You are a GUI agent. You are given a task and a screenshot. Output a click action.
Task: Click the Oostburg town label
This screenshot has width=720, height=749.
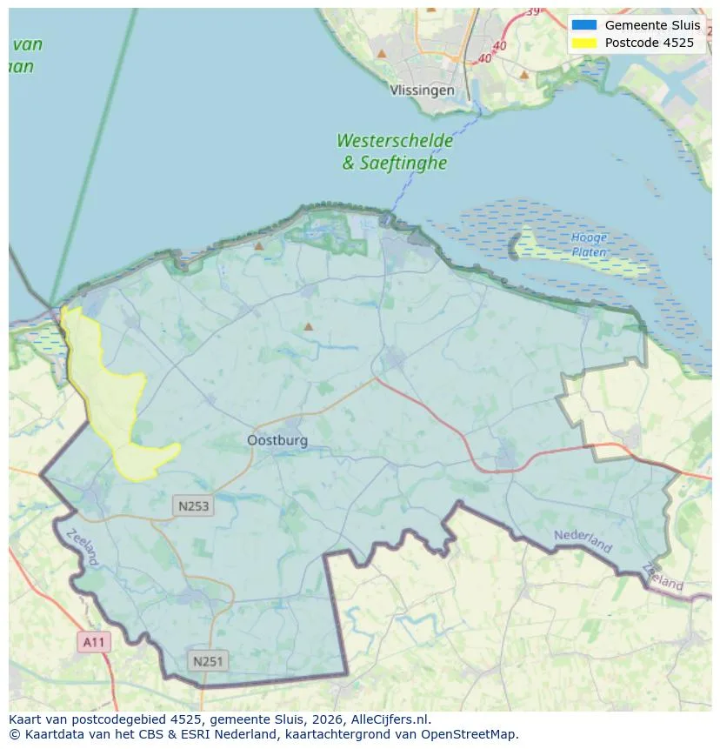point(277,440)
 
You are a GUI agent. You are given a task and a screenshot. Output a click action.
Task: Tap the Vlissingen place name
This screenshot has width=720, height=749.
point(422,90)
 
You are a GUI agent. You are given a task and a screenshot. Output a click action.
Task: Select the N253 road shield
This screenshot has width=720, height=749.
point(193,506)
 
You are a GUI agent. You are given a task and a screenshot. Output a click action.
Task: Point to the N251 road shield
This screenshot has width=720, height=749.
point(207,662)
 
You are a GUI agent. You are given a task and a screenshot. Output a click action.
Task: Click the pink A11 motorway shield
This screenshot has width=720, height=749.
point(94,643)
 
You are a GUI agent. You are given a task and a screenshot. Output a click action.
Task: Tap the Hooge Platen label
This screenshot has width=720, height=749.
point(589,244)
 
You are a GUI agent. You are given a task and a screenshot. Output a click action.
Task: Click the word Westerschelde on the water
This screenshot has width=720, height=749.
point(395,140)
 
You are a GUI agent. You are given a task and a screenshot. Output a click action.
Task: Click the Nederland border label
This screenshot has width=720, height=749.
point(583,540)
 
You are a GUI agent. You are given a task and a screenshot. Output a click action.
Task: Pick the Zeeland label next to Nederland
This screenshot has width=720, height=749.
point(664,577)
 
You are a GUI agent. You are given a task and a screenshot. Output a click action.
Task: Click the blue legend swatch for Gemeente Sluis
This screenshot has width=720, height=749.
point(583,25)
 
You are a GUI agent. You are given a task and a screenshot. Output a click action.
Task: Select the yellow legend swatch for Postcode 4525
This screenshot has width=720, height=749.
point(583,43)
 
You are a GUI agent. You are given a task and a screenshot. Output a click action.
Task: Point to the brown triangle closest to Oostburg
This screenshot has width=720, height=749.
point(308,327)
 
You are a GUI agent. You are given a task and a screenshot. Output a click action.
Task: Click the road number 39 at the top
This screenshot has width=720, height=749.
point(532,11)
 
